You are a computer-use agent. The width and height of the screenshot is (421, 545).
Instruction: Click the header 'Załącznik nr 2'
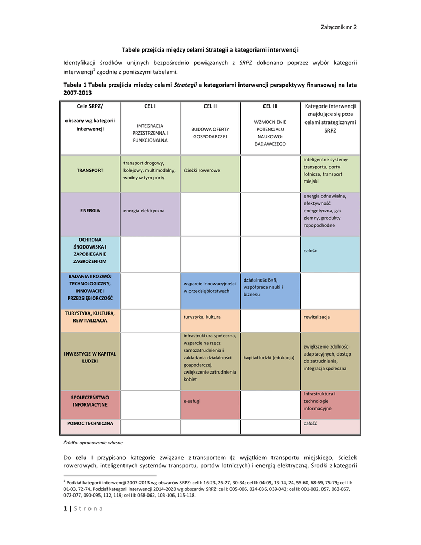339,28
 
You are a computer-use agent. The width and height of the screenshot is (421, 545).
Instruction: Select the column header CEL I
150,106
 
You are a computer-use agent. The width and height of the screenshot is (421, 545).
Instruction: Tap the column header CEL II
210,106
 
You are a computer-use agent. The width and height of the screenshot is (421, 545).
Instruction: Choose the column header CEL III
270,106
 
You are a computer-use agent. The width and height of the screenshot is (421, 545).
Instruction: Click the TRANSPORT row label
90,170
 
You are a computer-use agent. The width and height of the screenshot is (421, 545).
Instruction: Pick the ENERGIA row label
90,211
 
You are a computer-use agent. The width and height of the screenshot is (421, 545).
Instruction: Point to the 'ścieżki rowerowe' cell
202,170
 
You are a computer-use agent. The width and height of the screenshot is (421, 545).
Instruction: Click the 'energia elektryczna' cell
144,211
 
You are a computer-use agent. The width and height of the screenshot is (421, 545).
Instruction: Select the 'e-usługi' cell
192,401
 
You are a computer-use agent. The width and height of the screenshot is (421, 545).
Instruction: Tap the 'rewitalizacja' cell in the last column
317,317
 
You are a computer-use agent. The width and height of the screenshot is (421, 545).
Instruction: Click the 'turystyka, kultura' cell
202,317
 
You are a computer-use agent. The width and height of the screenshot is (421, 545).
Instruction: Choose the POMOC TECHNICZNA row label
90,423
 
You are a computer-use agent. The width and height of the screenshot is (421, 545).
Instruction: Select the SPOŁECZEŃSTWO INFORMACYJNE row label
90,401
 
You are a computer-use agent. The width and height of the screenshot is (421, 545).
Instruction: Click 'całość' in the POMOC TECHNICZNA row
310,423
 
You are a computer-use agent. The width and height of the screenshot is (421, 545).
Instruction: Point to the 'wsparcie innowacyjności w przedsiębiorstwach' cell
209,287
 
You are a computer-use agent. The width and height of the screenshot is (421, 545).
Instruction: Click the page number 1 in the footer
65,508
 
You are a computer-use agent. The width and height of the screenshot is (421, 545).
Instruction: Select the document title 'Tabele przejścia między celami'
210,49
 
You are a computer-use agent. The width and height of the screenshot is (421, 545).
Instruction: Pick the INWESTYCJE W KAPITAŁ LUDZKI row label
90,357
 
